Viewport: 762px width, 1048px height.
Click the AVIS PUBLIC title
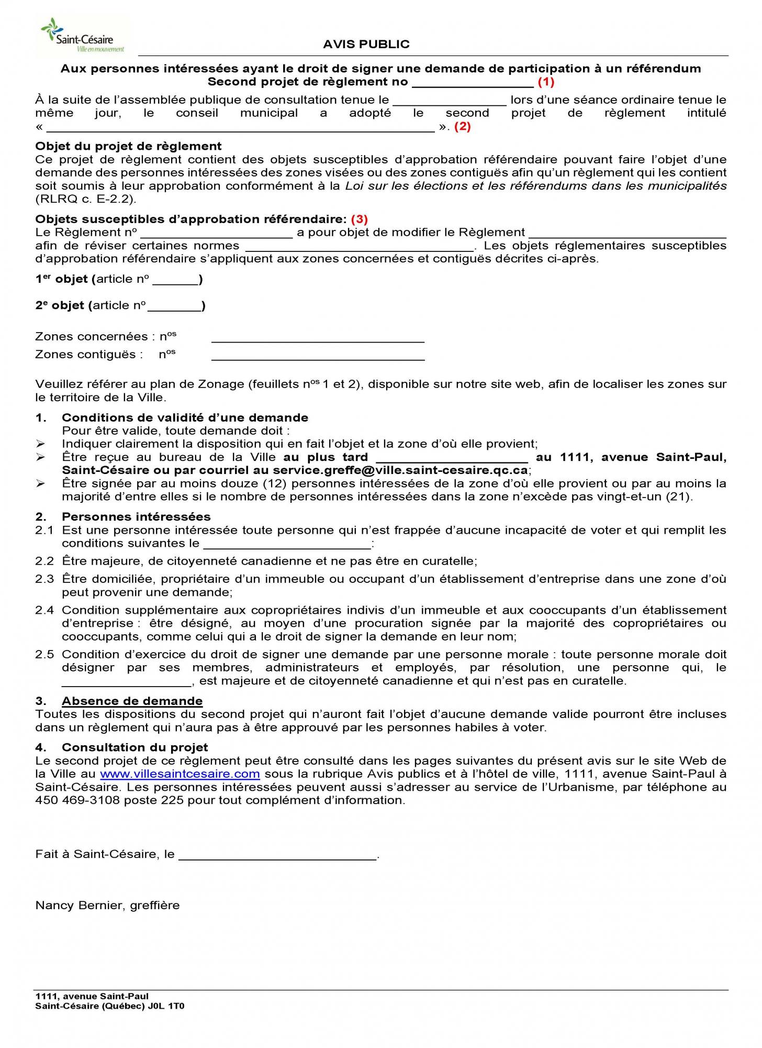click(366, 45)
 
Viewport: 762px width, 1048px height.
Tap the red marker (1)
click(546, 82)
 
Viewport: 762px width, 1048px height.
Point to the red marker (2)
click(462, 126)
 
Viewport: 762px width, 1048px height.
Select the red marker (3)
click(359, 219)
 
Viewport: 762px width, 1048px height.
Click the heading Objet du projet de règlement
click(128, 146)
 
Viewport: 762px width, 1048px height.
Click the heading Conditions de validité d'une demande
click(185, 417)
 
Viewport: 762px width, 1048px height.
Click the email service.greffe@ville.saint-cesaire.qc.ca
click(400, 470)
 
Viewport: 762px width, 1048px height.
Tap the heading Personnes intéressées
click(136, 516)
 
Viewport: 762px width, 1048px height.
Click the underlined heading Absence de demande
click(132, 701)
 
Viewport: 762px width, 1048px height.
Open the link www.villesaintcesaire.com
click(180, 774)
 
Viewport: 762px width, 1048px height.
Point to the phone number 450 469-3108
click(77, 800)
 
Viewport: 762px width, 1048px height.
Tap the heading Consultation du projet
click(135, 747)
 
